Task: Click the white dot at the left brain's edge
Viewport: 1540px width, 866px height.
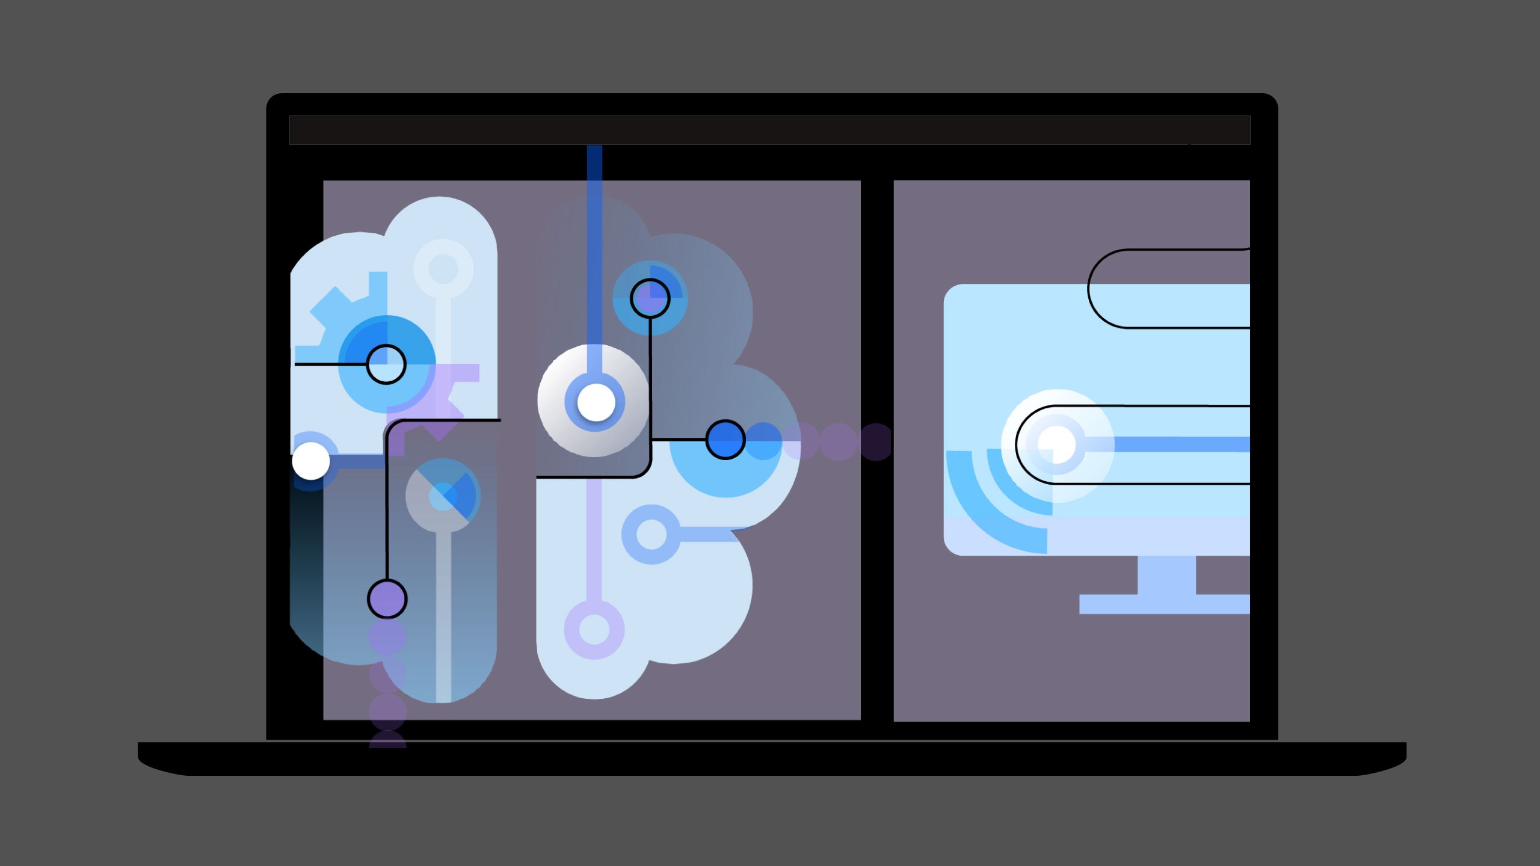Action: pos(311,461)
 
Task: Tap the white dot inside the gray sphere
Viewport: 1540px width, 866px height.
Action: pos(596,402)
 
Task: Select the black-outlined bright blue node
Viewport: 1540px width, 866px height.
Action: pos(725,440)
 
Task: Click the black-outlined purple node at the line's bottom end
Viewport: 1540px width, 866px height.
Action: pos(387,599)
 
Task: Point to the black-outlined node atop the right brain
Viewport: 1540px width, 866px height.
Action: pos(650,298)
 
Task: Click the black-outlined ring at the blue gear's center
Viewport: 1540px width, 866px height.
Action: pos(386,364)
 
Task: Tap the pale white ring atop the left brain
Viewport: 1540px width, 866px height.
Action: pos(443,268)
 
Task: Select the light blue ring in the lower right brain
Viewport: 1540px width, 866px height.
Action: pos(651,534)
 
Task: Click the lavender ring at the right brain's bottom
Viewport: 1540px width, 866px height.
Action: pos(594,630)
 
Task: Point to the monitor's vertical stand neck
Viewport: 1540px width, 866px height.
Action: pos(1166,575)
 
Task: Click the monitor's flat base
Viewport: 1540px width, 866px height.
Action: pos(1164,604)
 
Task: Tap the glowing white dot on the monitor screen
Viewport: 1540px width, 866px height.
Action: pos(1056,444)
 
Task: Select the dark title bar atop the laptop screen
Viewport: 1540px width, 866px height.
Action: pos(769,131)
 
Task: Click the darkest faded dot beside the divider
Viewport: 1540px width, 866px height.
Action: pos(876,442)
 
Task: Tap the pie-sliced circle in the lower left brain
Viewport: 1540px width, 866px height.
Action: pos(443,496)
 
